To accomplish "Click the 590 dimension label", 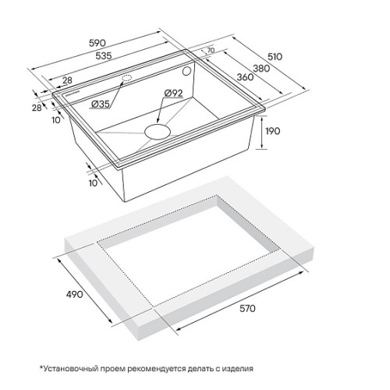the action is click(97, 43).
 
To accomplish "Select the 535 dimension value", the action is click(104, 55).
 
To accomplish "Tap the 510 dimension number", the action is click(275, 57).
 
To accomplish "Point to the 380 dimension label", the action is click(261, 69).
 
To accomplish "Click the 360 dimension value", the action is click(245, 77).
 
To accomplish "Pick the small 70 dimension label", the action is click(211, 50).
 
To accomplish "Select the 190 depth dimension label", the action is click(273, 131).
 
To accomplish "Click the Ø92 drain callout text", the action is click(173, 93).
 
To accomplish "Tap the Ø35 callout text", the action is click(101, 105).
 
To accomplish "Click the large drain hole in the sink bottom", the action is click(158, 132).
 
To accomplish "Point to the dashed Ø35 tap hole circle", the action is click(127, 78).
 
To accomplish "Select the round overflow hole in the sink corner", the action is click(186, 71).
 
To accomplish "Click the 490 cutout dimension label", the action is click(75, 294).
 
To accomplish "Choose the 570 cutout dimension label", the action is click(247, 308).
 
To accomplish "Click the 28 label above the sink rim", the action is click(67, 80).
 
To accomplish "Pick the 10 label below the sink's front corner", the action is click(93, 183).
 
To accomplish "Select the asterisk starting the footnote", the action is click(41, 367).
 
